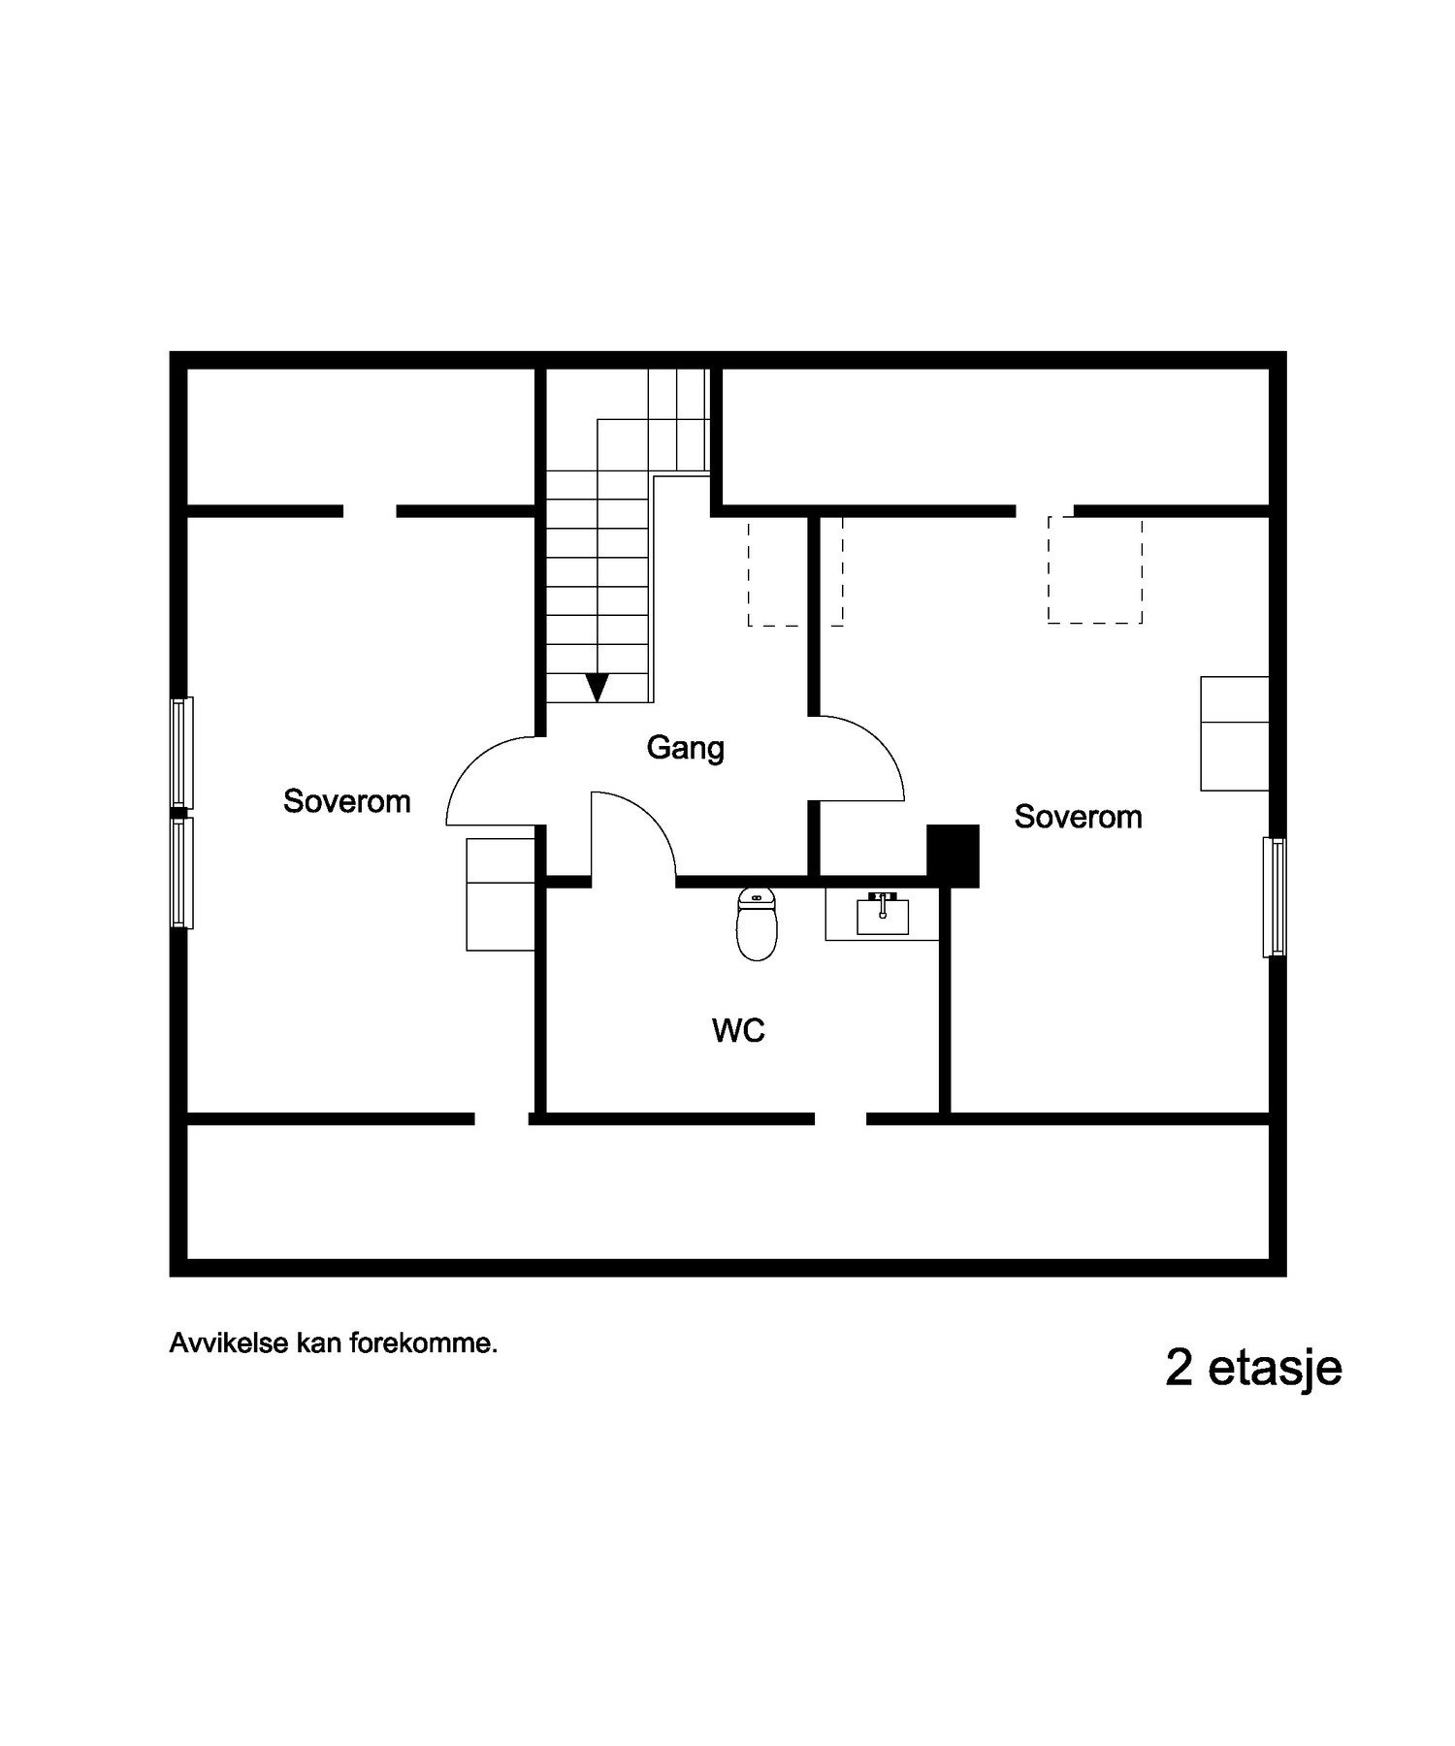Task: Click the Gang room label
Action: coord(685,749)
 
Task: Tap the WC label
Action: coord(738,1030)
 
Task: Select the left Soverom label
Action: coord(346,801)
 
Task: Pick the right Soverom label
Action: coord(1078,817)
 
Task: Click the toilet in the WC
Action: coord(757,924)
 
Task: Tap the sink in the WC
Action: coord(883,914)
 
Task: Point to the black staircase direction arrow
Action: coord(598,687)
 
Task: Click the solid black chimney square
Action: coord(953,855)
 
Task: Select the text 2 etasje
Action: coord(1253,1368)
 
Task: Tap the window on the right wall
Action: coord(1275,897)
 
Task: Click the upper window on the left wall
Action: coord(180,753)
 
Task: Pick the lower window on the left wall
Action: coord(180,873)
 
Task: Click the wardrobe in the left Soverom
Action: coord(501,894)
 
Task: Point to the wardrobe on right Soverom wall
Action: coord(1234,733)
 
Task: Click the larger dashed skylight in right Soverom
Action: coord(1094,569)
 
